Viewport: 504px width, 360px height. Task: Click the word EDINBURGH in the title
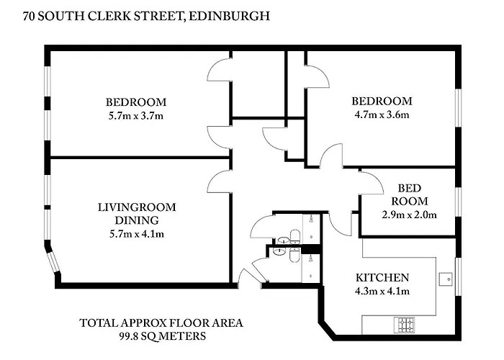coord(230,16)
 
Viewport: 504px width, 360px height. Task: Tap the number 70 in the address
coord(29,16)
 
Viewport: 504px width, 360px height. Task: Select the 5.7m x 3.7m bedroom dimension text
coord(136,116)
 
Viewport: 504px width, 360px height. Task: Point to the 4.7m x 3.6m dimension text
coord(382,114)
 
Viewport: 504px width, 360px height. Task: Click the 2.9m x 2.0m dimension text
coord(409,215)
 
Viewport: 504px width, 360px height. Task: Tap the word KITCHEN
coord(382,277)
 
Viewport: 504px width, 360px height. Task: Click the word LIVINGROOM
coord(137,207)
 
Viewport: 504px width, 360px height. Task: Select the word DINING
coord(137,220)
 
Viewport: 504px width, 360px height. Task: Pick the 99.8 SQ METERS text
coord(163,336)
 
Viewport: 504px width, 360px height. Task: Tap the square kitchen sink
coord(446,279)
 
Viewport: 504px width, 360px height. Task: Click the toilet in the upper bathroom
coord(295,237)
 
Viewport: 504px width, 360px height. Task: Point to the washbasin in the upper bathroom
coord(283,240)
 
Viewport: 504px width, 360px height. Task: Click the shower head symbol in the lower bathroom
coord(311,259)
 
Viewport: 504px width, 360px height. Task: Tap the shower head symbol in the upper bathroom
coord(311,219)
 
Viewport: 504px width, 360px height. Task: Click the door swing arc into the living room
coord(216,177)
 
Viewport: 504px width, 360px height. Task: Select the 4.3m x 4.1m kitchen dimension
coord(382,291)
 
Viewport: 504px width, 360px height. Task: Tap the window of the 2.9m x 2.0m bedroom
coord(459,202)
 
